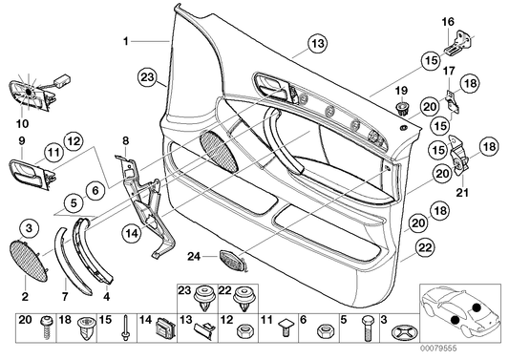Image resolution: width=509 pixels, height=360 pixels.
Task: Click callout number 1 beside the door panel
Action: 126,41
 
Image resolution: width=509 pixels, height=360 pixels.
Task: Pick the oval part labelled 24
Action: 233,260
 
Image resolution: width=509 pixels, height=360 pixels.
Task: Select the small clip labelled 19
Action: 402,106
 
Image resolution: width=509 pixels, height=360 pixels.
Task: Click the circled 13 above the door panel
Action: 316,41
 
